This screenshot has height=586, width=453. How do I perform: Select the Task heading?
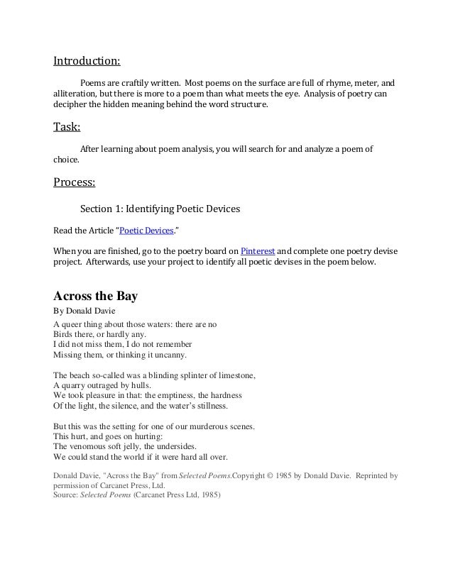67,128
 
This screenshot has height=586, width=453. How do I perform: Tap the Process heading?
75,182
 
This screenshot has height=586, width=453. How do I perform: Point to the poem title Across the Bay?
95,296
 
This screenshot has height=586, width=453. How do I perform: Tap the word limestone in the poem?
235,374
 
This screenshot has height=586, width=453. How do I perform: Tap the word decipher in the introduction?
72,104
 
